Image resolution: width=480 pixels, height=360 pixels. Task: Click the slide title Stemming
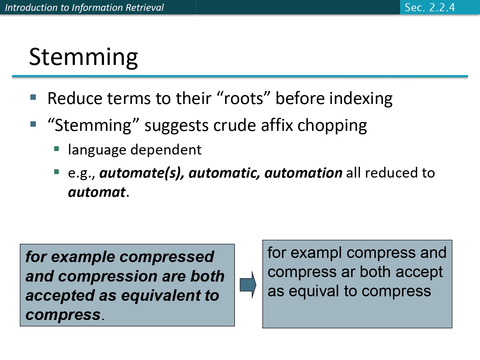pos(84,57)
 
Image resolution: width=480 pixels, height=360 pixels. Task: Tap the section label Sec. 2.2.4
pos(429,7)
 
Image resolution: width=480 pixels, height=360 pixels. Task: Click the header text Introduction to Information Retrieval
pos(84,7)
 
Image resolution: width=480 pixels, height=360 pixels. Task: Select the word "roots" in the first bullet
pos(244,98)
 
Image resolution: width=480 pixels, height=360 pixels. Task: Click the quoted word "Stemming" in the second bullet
pos(93,125)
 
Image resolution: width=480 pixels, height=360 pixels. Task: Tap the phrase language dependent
pos(135,150)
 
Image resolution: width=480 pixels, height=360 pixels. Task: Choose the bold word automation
pos(303,173)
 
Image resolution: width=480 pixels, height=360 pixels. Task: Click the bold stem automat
pos(97,192)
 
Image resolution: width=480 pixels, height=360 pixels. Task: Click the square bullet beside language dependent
pos(57,148)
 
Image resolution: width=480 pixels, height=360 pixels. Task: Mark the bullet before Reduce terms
pos(33,97)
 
